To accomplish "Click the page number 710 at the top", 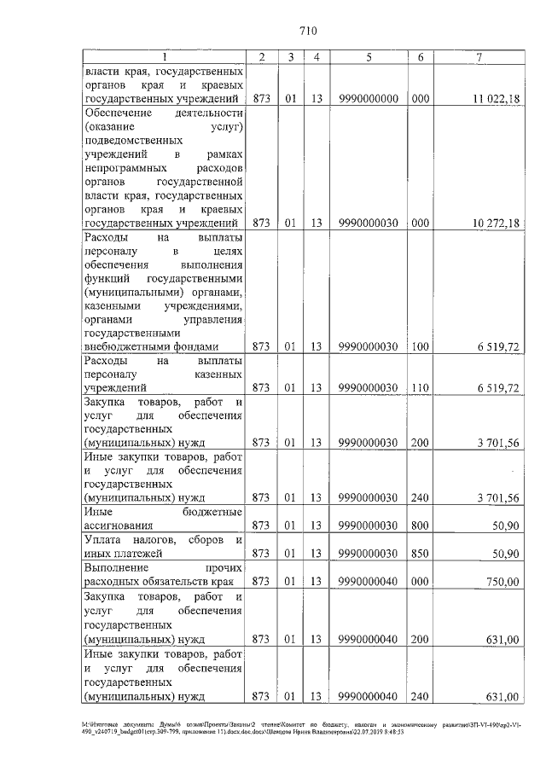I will click(309, 32).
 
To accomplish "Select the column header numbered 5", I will click(368, 57).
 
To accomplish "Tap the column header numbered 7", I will click(481, 57).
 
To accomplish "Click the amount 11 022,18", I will click(495, 99).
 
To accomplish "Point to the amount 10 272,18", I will click(495, 223).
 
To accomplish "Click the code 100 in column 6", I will click(421, 347).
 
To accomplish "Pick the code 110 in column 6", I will click(421, 388).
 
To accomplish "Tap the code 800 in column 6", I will click(421, 525).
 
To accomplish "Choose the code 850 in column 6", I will click(421, 554).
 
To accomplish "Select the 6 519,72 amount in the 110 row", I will click(498, 388).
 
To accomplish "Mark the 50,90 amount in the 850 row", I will click(504, 554).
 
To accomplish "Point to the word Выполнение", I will click(116, 567).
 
